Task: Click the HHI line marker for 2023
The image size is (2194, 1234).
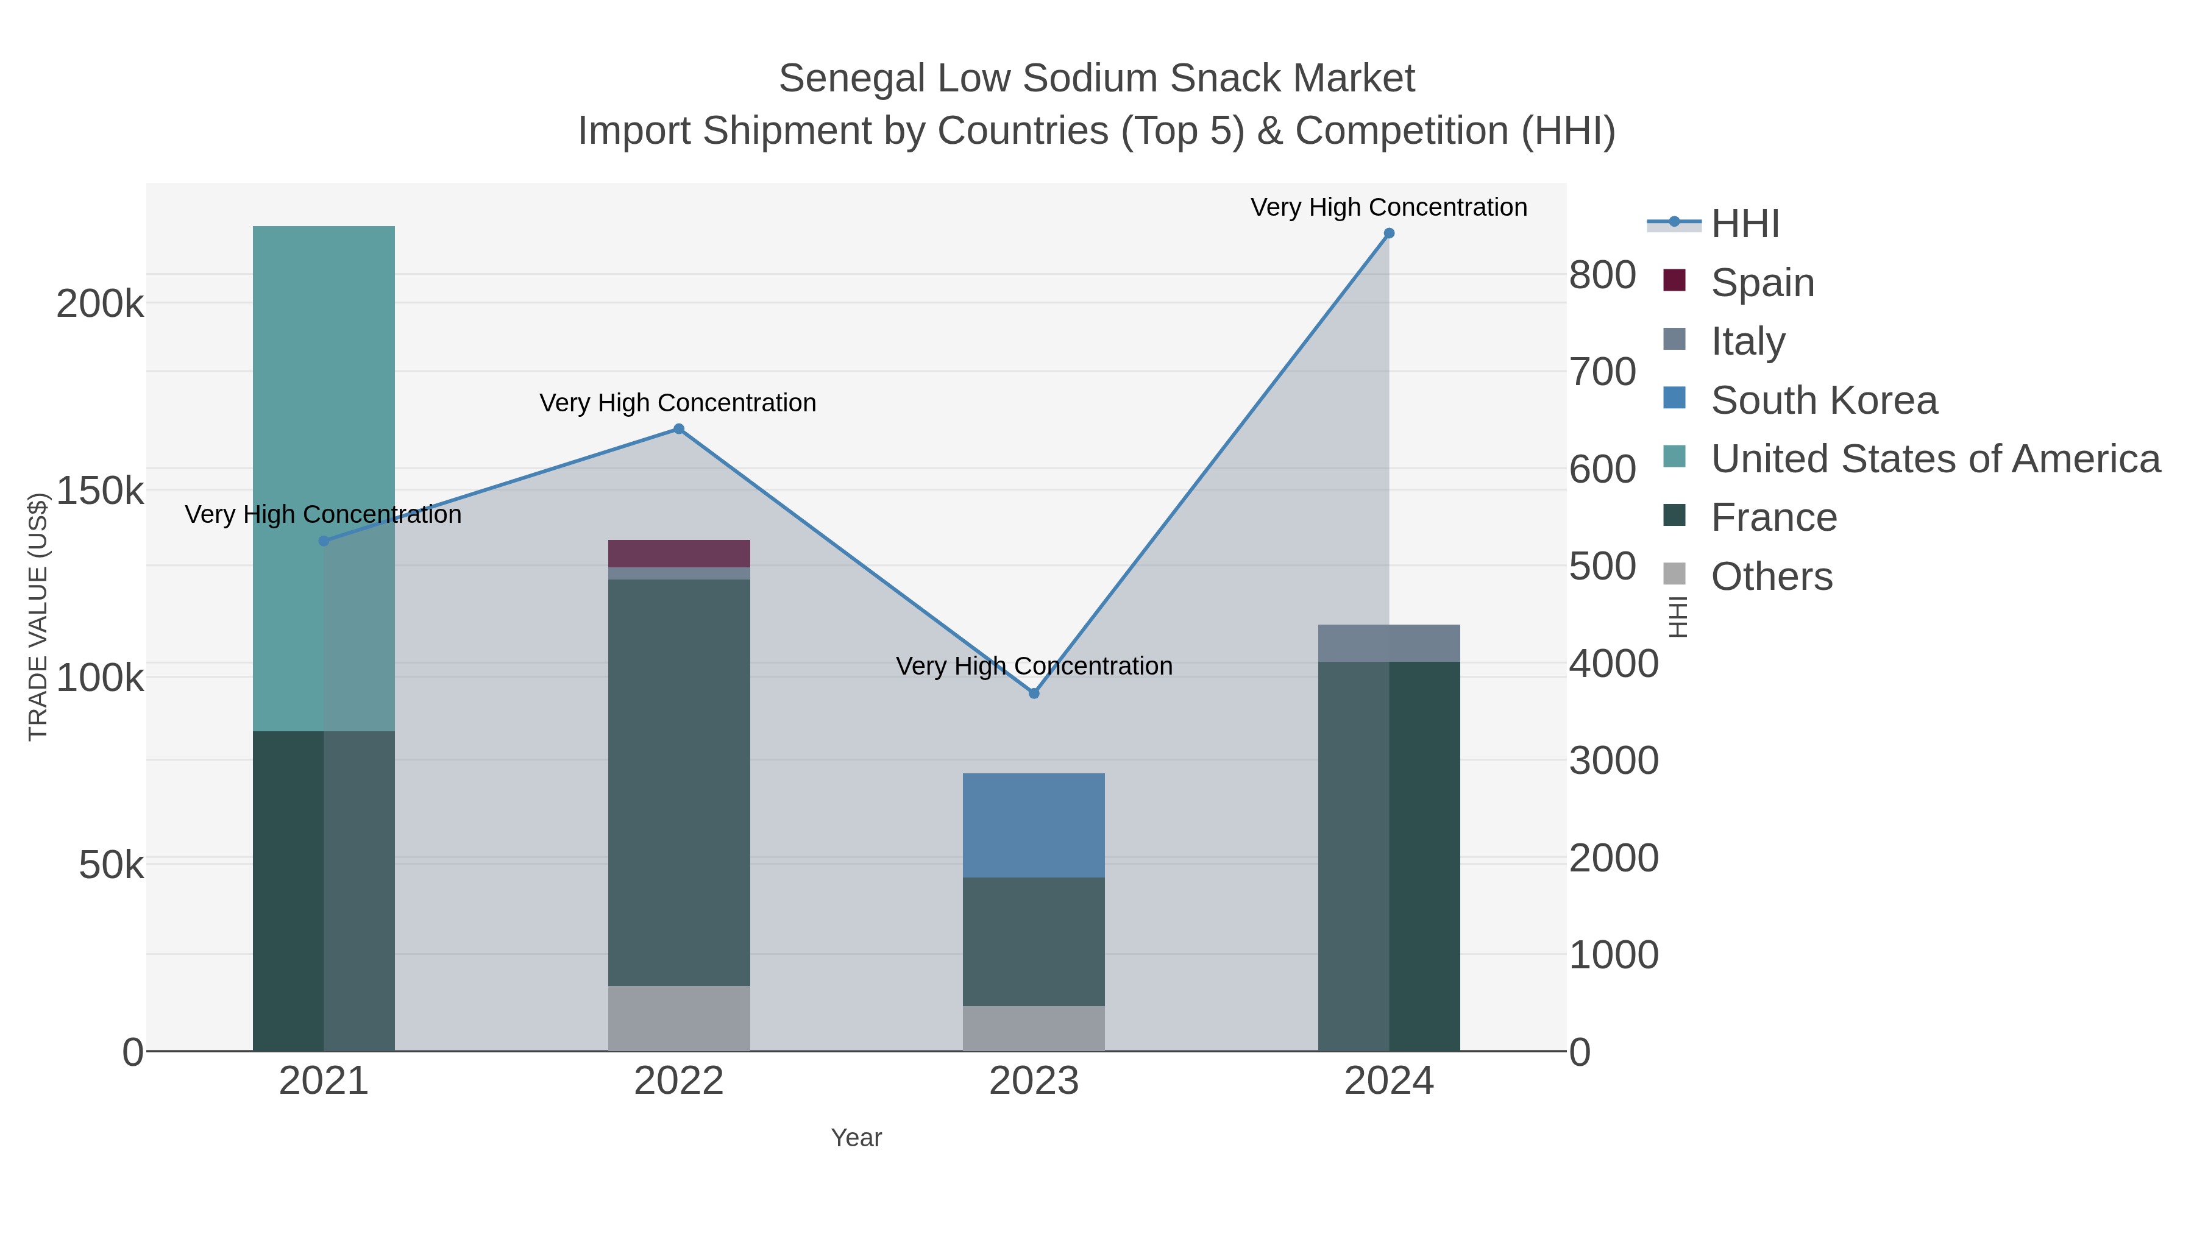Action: (1034, 693)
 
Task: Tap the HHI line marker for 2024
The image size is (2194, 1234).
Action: (1389, 233)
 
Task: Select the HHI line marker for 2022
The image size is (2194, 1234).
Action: (679, 429)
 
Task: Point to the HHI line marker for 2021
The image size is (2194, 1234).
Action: (324, 541)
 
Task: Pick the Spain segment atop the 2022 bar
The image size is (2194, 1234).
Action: (679, 553)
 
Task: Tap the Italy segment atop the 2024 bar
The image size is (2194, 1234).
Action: (1389, 643)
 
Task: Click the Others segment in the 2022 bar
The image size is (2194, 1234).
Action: (679, 1018)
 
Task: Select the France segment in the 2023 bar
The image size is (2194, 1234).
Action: (1034, 941)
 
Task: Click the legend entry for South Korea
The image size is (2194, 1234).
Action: (1823, 400)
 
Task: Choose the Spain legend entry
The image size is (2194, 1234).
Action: (1762, 283)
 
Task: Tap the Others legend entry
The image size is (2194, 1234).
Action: (1770, 576)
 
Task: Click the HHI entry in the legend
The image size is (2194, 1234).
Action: (1744, 224)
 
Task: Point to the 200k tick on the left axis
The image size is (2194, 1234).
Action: (100, 304)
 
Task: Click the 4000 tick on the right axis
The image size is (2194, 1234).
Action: (1614, 664)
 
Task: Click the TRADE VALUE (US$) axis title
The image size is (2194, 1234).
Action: (38, 617)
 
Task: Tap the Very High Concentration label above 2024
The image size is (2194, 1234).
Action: (1388, 207)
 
